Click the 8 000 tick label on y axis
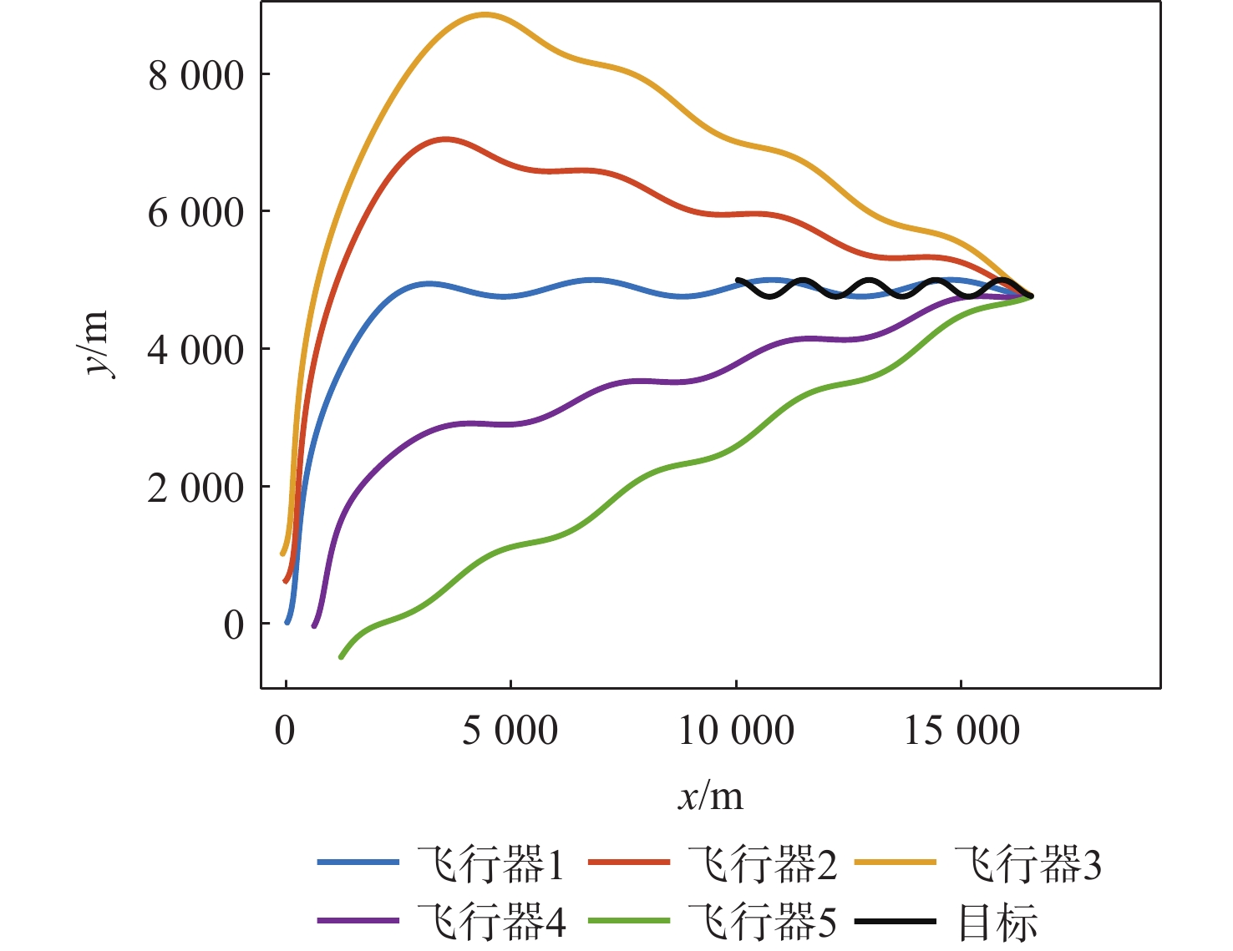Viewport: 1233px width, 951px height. click(x=196, y=76)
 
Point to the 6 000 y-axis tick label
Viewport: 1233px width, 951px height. click(x=196, y=213)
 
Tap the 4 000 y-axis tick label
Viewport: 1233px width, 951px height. click(x=196, y=350)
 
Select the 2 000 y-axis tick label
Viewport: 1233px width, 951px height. click(x=196, y=488)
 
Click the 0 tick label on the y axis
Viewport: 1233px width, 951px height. click(x=234, y=625)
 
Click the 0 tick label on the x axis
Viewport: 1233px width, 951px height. click(x=286, y=731)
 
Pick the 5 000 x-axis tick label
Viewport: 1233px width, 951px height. click(x=510, y=731)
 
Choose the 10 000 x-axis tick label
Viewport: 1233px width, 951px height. click(x=735, y=731)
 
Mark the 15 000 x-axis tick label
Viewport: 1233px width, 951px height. click(x=962, y=731)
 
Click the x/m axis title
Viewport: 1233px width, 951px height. click(x=710, y=797)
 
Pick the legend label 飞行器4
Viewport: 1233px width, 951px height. click(x=491, y=921)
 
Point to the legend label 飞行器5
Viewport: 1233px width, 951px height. click(x=763, y=921)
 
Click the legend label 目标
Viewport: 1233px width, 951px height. click(x=997, y=921)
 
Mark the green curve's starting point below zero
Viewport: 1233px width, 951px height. click(x=341, y=657)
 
